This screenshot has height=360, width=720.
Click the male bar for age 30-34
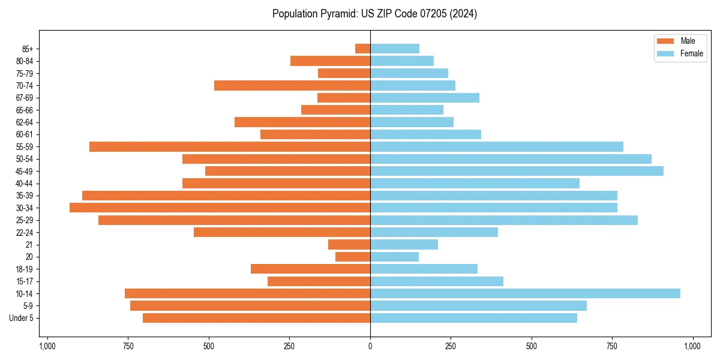pos(220,208)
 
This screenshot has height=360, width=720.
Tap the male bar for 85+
pos(362,49)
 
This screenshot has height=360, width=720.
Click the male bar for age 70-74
pos(292,85)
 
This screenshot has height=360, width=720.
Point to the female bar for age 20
pos(394,257)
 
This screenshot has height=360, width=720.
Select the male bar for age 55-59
pos(230,146)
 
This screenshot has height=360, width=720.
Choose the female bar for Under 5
pos(473,318)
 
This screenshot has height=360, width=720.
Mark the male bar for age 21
pos(349,244)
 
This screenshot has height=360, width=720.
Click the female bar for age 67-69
pos(425,98)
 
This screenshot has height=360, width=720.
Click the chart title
pos(374,14)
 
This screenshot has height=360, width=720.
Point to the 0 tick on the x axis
pos(370,346)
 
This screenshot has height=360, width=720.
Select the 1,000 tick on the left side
pos(47,346)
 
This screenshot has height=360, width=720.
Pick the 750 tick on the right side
pos(612,346)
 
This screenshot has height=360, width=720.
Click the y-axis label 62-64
pos(25,122)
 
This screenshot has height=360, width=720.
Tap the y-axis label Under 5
pos(22,318)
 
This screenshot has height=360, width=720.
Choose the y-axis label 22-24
pos(25,232)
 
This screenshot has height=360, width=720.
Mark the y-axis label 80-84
pos(25,61)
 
